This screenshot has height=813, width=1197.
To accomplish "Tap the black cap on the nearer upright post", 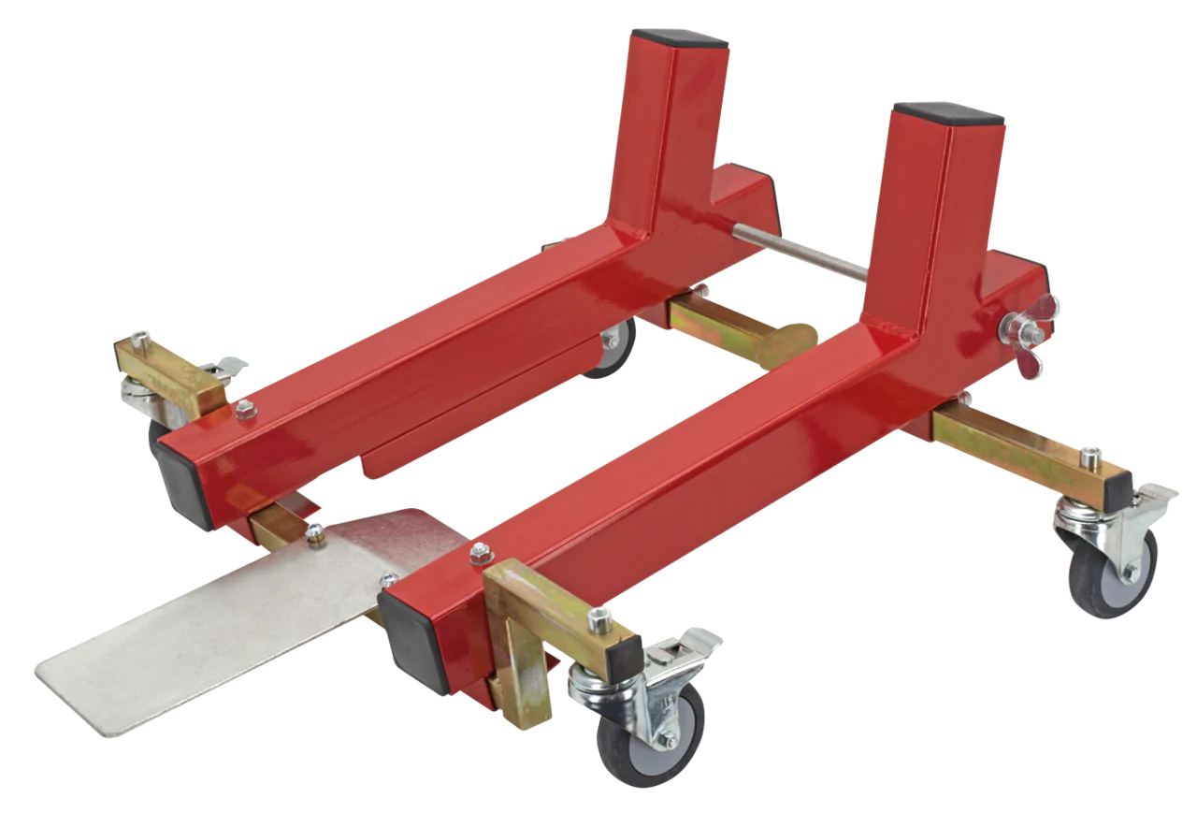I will (x=948, y=114).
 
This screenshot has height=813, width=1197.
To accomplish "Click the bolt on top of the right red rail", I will (x=480, y=551).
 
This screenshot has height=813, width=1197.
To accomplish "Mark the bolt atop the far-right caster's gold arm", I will (x=1088, y=457).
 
